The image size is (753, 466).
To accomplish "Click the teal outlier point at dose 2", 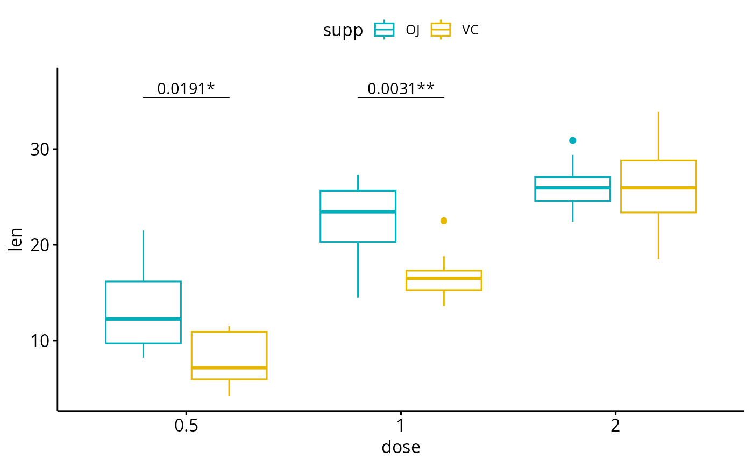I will pos(573,140).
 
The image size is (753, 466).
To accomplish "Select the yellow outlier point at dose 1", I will pos(444,221).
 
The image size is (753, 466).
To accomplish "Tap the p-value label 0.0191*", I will pos(186,88).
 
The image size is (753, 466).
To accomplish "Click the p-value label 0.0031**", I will pos(401,88).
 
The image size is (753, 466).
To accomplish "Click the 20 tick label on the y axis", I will pos(40,245).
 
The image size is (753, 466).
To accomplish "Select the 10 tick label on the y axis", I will pos(40,341).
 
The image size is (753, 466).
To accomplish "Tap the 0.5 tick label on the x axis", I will pos(186,426).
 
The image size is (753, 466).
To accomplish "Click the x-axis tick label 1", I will pos(401,426).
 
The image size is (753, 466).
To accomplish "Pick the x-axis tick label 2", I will pos(615,426).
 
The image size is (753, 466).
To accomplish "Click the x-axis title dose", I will pos(401,447).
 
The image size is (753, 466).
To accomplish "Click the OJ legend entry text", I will pos(413,30).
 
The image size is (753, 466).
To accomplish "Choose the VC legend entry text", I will pos(470,30).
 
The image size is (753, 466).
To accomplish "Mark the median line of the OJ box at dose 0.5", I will pos(143,319).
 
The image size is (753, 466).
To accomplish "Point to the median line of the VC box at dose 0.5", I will pos(229,368).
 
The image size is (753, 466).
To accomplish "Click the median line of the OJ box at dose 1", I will pos(358,211).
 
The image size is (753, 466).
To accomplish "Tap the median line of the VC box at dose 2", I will pos(658,188).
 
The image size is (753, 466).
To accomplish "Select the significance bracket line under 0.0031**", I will pos(401,97).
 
